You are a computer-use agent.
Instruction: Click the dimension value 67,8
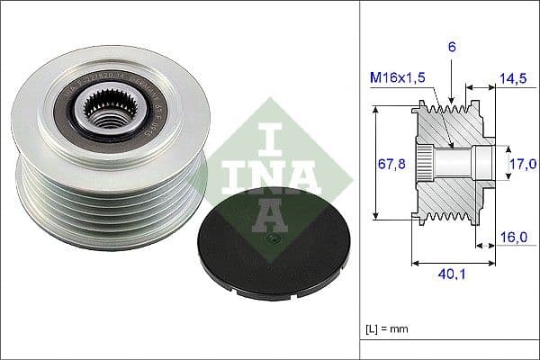[389, 163]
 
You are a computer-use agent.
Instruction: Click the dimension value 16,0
[512, 238]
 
